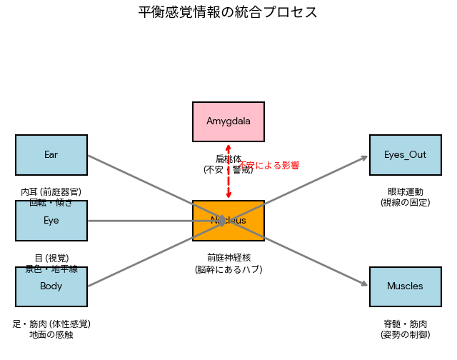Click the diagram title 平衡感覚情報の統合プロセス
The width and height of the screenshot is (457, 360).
tap(228, 13)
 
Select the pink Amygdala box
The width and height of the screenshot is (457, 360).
tap(228, 121)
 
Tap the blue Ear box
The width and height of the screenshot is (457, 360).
tap(51, 155)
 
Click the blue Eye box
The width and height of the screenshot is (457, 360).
tap(51, 221)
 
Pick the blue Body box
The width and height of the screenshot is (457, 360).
tap(51, 286)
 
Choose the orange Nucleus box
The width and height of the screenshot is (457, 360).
tap(228, 221)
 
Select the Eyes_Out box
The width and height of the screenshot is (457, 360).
tap(405, 155)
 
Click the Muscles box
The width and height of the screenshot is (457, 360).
tap(405, 286)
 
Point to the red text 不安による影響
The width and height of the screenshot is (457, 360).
tap(268, 165)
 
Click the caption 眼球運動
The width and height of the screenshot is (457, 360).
tap(405, 191)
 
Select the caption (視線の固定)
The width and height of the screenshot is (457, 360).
tap(405, 203)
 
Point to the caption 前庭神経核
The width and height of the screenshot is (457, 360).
tap(228, 257)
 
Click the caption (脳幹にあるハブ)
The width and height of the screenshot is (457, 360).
tap(228, 269)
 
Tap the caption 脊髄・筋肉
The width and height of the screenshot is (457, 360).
tap(405, 323)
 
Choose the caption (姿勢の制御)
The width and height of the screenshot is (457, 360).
tap(405, 334)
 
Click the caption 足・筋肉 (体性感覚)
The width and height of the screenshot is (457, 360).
tap(51, 323)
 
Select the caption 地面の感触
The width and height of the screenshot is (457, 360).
tap(51, 334)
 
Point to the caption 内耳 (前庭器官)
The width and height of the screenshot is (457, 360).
tap(51, 191)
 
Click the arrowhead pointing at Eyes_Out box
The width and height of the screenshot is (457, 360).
tap(365, 158)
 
